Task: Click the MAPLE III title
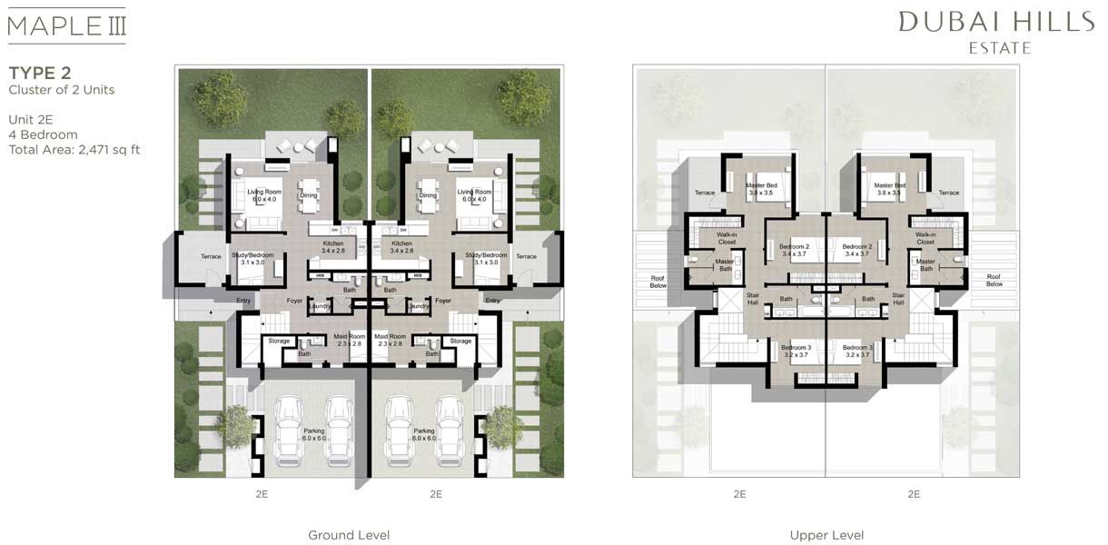(66, 25)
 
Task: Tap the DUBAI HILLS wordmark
(996, 22)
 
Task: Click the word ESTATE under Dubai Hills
(997, 48)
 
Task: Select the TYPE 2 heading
(40, 73)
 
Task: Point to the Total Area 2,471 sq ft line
(74, 150)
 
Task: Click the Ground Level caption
(349, 535)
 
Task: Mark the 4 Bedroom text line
(44, 134)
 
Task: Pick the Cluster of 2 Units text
(62, 90)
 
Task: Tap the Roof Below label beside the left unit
(658, 281)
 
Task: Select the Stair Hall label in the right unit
(898, 298)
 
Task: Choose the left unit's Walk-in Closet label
(726, 239)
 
